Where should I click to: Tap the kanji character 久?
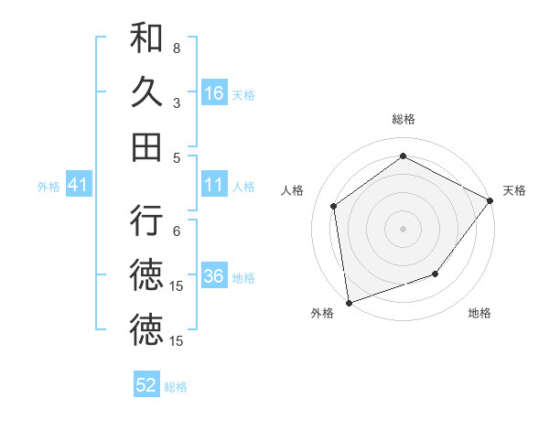click(x=146, y=92)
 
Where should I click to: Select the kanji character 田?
click(x=146, y=146)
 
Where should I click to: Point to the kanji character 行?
click(x=146, y=222)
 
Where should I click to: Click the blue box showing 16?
click(x=214, y=93)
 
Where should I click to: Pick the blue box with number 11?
click(x=214, y=186)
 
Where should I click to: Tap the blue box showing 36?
click(x=214, y=277)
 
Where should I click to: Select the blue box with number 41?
click(x=78, y=186)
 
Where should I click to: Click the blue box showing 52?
click(x=146, y=385)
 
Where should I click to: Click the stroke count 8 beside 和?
click(x=177, y=48)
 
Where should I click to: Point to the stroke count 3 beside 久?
click(x=177, y=102)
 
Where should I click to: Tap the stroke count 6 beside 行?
click(x=177, y=231)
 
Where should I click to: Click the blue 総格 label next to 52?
click(x=176, y=387)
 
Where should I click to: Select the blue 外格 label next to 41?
click(x=48, y=187)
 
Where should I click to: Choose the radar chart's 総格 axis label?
click(x=403, y=119)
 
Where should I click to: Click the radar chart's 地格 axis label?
click(x=479, y=313)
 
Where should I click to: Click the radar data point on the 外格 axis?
click(x=349, y=302)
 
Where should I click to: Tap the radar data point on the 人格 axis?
click(x=334, y=206)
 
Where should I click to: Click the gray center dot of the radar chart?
click(x=403, y=228)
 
